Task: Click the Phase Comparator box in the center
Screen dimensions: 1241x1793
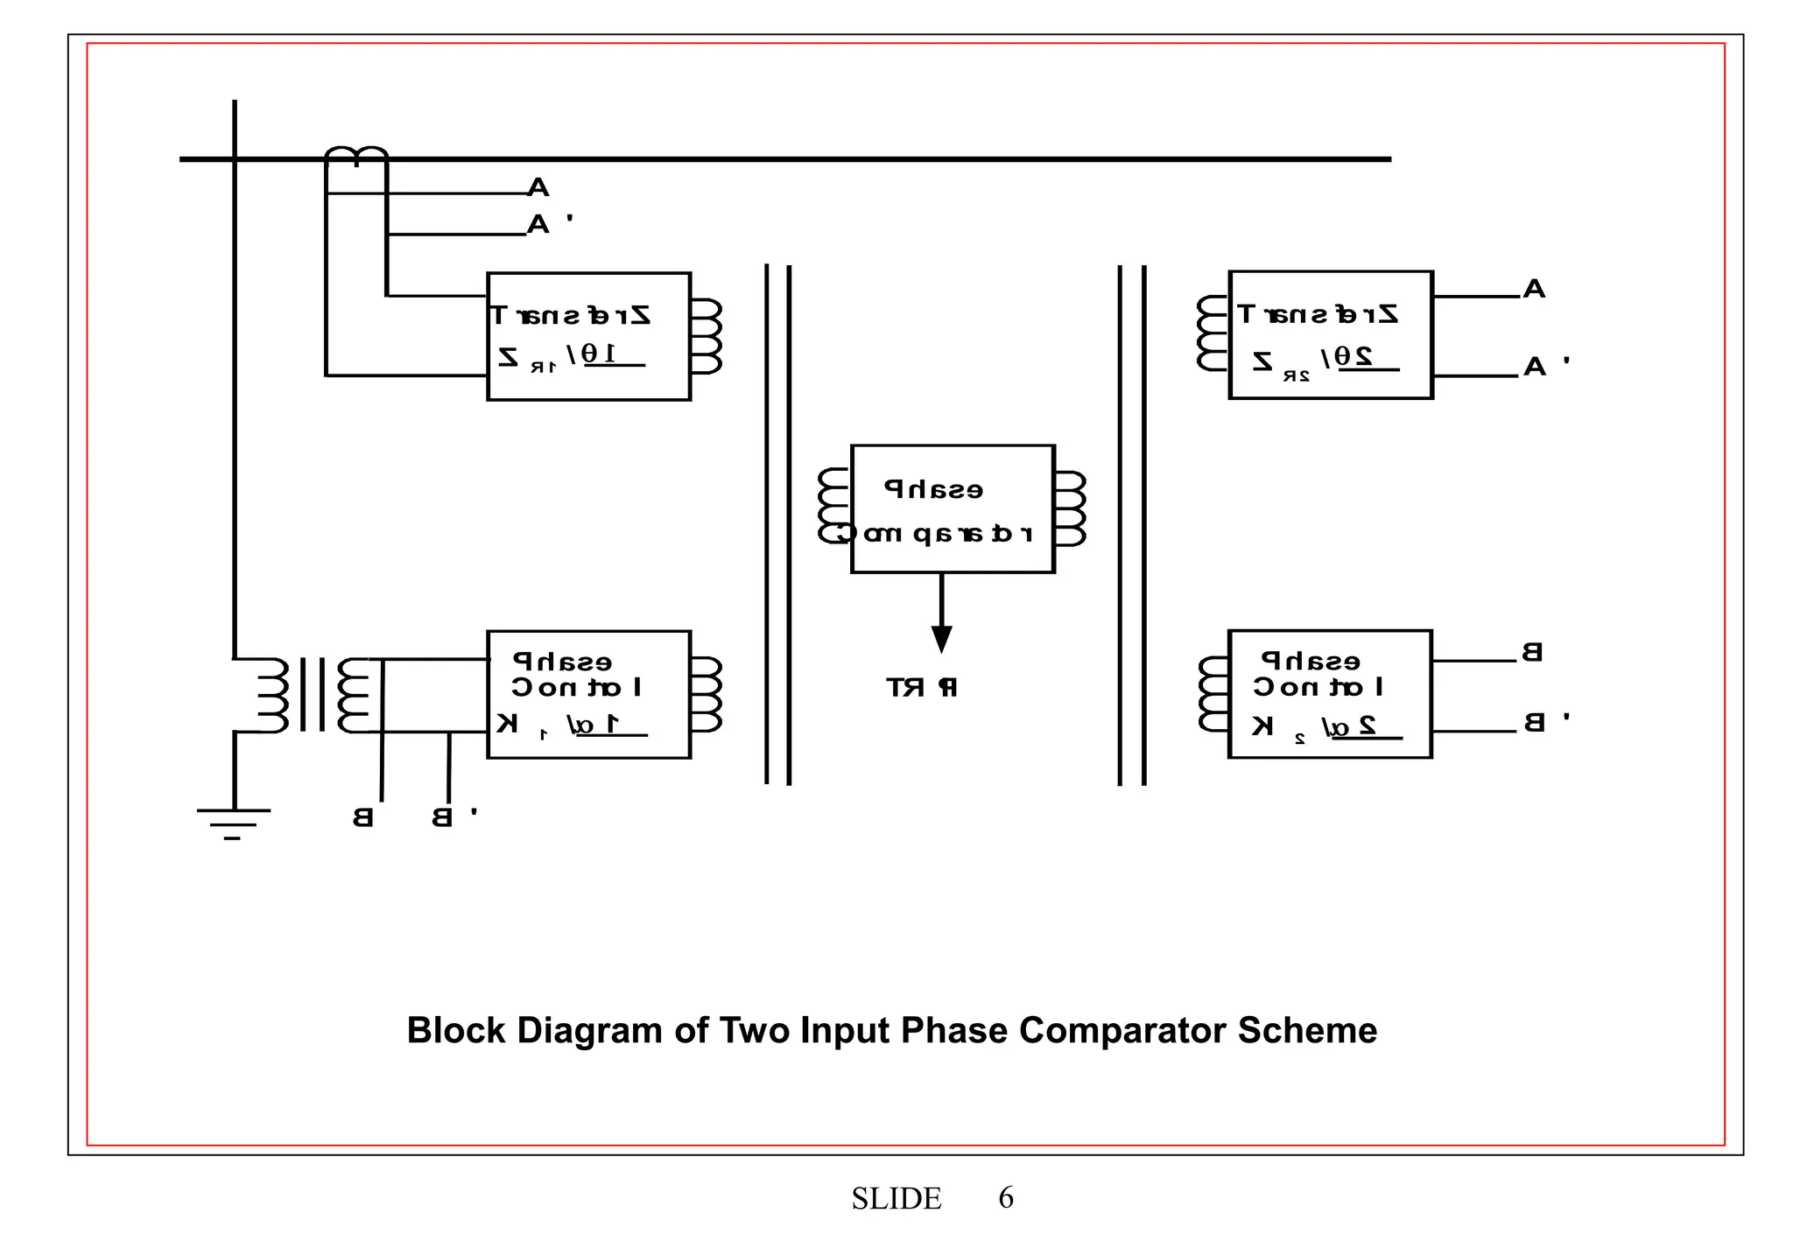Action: point(953,508)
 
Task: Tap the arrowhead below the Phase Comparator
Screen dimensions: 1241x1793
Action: point(941,639)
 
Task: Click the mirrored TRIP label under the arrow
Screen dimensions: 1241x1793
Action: point(922,688)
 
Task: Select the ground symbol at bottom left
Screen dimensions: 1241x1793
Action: point(234,823)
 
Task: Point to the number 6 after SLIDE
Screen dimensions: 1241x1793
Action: point(1006,1197)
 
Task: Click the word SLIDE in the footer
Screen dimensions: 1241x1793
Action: point(896,1198)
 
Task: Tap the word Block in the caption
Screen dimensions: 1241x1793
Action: point(456,1031)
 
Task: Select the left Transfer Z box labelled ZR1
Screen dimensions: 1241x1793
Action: point(588,337)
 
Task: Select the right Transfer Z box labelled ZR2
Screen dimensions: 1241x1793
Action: point(1330,335)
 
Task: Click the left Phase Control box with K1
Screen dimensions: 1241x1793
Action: point(588,694)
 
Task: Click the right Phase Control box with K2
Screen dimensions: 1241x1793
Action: point(1329,693)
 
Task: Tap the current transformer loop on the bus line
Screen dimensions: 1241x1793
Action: point(356,157)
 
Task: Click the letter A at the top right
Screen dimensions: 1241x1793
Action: point(1534,289)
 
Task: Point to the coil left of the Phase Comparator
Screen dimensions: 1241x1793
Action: point(833,506)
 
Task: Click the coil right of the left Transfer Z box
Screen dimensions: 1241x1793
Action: point(707,337)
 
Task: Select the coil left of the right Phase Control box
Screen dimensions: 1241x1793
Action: point(1213,694)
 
